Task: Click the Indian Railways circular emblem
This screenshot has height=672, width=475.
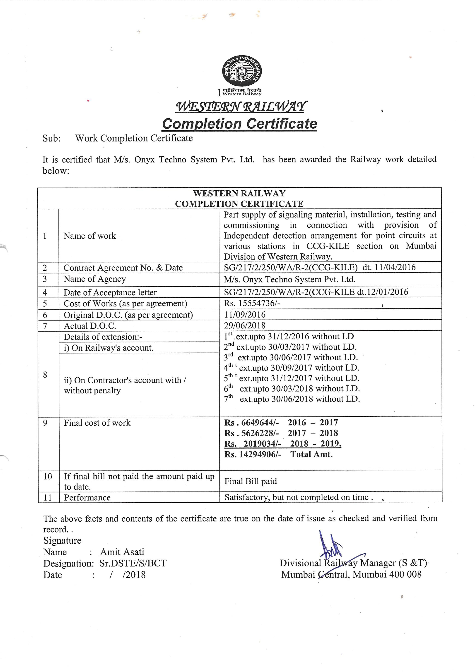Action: tap(242, 71)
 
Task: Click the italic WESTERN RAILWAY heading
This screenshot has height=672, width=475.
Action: tap(241, 107)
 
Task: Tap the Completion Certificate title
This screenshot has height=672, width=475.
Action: tap(239, 124)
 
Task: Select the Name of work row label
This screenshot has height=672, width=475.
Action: tap(90, 236)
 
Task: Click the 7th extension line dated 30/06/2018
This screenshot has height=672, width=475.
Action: tap(292, 399)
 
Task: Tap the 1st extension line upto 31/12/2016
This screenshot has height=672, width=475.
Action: tap(289, 336)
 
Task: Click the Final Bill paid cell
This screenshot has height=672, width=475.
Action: tap(251, 481)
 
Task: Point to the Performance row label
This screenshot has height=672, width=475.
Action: tap(87, 497)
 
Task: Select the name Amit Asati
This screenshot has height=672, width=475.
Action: tap(122, 552)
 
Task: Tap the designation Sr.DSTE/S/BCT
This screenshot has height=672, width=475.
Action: tap(133, 563)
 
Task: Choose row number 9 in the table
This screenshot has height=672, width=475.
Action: tap(45, 423)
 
